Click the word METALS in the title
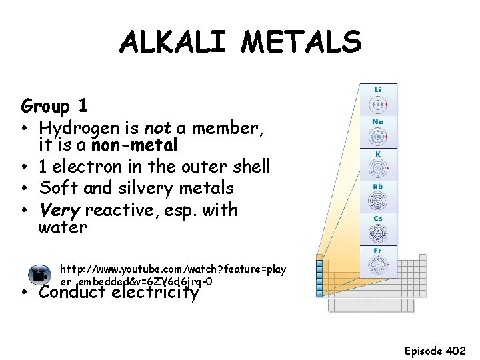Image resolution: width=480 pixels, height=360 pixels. [301, 43]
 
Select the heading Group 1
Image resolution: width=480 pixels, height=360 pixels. [55, 106]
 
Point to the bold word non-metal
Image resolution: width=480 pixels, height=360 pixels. [135, 145]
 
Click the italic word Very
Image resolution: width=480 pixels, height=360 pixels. [59, 210]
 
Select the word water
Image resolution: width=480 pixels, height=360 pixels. [63, 228]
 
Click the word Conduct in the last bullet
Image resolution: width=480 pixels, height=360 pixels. [73, 292]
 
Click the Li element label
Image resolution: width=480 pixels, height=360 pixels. [378, 89]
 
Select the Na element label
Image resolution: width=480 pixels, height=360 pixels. [378, 121]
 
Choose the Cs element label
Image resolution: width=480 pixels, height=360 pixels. [378, 218]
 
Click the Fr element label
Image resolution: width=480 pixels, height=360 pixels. [378, 251]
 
